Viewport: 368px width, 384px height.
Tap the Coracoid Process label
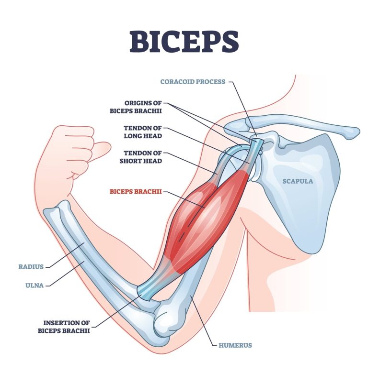point(192,82)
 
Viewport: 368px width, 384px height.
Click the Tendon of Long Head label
point(142,132)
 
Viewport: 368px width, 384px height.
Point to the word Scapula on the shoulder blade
point(298,181)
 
